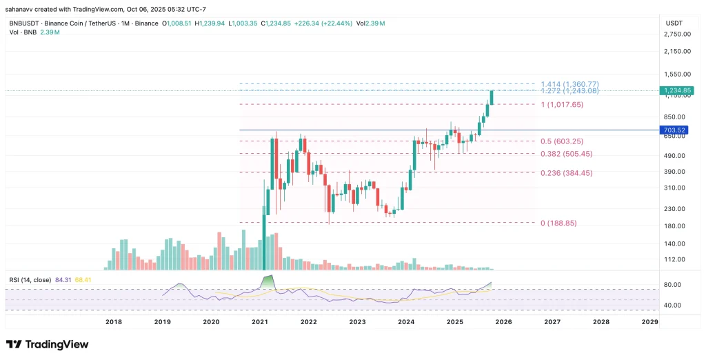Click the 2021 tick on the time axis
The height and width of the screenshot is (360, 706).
click(x=260, y=321)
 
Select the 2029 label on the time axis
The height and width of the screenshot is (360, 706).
click(x=649, y=321)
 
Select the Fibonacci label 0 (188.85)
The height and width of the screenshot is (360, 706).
click(x=558, y=223)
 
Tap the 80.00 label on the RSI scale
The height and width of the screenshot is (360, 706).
click(x=672, y=284)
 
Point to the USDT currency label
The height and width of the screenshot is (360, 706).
click(x=673, y=23)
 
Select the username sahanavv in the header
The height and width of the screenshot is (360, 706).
click(x=20, y=8)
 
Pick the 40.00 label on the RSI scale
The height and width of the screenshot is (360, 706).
click(x=672, y=305)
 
